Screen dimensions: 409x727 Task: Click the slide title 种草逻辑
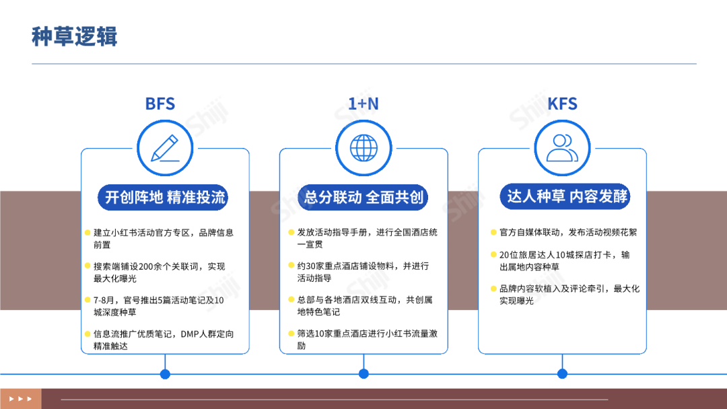coord(75,36)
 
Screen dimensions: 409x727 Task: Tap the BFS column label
coord(160,104)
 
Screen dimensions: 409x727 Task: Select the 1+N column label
coord(363,104)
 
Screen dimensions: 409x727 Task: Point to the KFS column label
coord(562,104)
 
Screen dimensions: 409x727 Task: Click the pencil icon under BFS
coord(165,148)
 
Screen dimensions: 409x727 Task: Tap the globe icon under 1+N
coord(363,148)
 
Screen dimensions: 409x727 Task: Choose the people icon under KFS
coord(562,148)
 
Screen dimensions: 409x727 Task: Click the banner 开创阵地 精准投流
coord(166,197)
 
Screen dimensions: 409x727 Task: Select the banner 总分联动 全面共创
coord(363,197)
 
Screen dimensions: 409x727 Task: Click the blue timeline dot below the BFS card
coord(165,374)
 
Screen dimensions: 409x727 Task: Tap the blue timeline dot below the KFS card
coord(562,374)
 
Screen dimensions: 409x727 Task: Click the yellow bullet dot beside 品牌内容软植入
coord(493,289)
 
